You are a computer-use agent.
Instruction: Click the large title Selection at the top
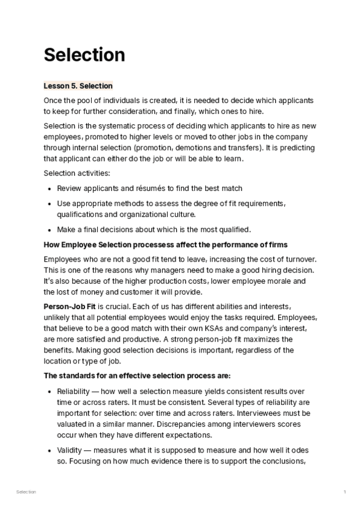84,55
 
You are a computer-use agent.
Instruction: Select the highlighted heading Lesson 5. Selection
78,86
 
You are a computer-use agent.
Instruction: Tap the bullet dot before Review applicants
49,189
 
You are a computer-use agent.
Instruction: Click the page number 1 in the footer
345,492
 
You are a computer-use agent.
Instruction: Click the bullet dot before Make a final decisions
49,229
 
